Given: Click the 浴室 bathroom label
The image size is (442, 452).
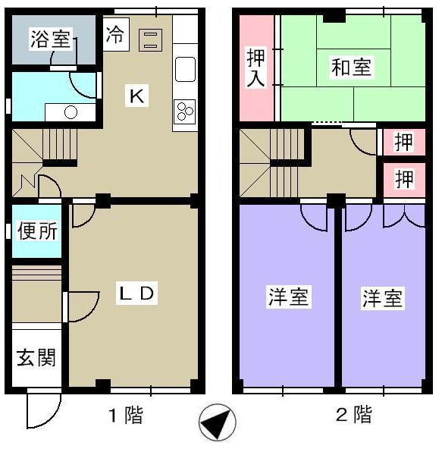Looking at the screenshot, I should pos(50,39).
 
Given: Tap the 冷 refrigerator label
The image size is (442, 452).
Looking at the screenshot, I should pos(115,35).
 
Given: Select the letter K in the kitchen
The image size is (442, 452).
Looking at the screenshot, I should pos(136,96).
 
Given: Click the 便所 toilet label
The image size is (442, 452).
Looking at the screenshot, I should pos(36,231).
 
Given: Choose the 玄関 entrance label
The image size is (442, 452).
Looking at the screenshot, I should pos(36,356).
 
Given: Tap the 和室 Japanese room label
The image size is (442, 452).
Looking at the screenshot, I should pos(351,67).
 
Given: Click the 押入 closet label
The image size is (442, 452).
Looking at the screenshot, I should pos(255,67).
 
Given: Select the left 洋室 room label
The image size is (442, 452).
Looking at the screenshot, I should pos(288,297).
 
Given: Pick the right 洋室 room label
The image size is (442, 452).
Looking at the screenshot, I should pos(381,297).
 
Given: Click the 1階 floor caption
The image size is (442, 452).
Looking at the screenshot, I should pos(124,416).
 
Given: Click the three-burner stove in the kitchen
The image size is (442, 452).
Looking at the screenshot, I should pos(185,112).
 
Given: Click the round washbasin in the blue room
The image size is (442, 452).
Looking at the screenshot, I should pos(71,113).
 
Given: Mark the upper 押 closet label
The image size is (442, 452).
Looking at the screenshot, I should pos(404,142).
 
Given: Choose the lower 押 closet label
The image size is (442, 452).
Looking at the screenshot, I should pos(404,180).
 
